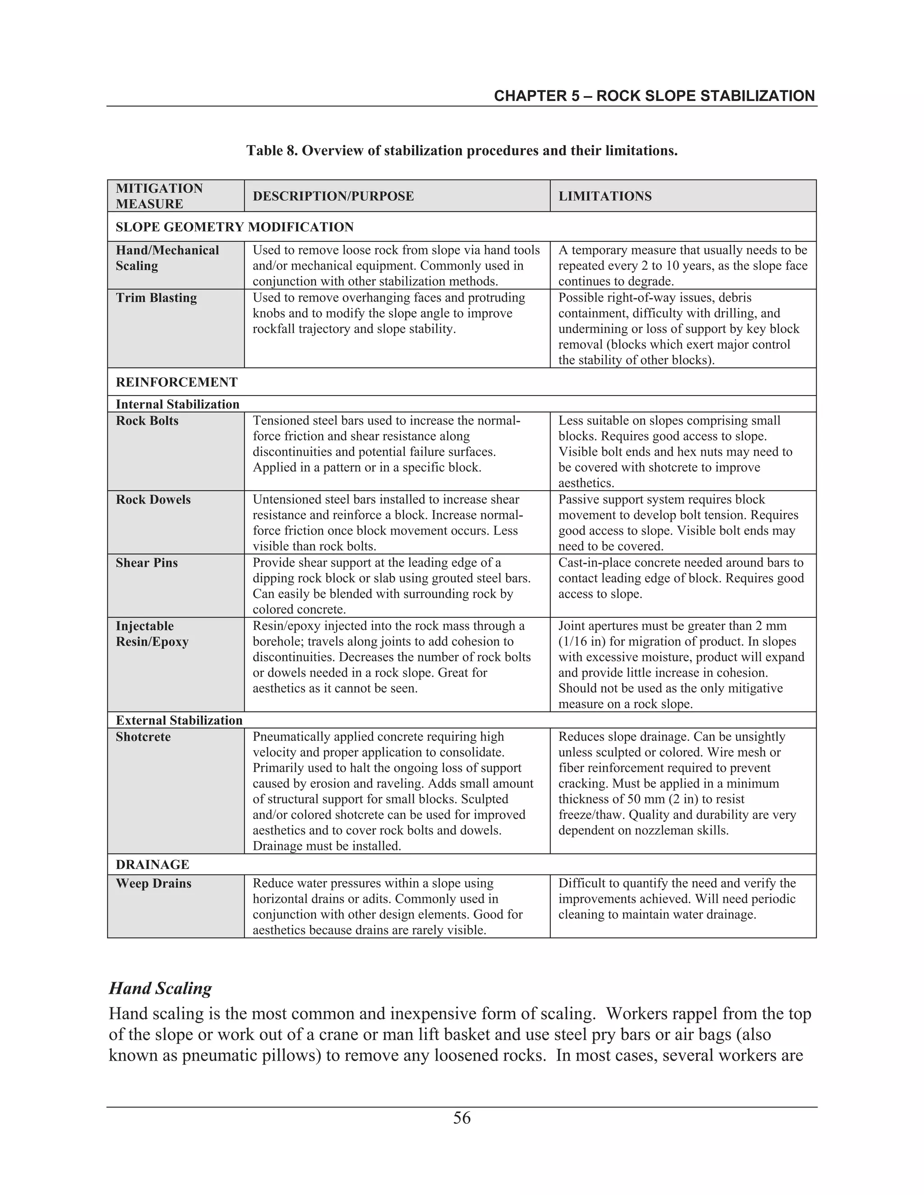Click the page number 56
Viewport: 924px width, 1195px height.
(462, 1117)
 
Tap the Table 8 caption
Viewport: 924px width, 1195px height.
(462, 151)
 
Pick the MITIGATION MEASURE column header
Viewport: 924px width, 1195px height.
(159, 196)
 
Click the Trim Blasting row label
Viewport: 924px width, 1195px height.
(156, 298)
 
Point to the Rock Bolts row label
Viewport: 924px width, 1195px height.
(147, 421)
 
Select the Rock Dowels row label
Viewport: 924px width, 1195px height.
(153, 500)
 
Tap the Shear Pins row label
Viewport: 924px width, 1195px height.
(147, 563)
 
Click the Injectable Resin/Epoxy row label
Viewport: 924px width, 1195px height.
(152, 634)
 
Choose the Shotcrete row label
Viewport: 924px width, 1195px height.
(143, 737)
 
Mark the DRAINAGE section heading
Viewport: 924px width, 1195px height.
(152, 864)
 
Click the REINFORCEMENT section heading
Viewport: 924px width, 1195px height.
(176, 382)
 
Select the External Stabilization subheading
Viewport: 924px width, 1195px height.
(179, 720)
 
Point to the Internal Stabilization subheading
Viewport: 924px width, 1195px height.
(177, 404)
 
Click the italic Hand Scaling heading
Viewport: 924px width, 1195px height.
(160, 988)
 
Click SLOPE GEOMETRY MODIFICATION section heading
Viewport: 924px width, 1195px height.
(234, 227)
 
